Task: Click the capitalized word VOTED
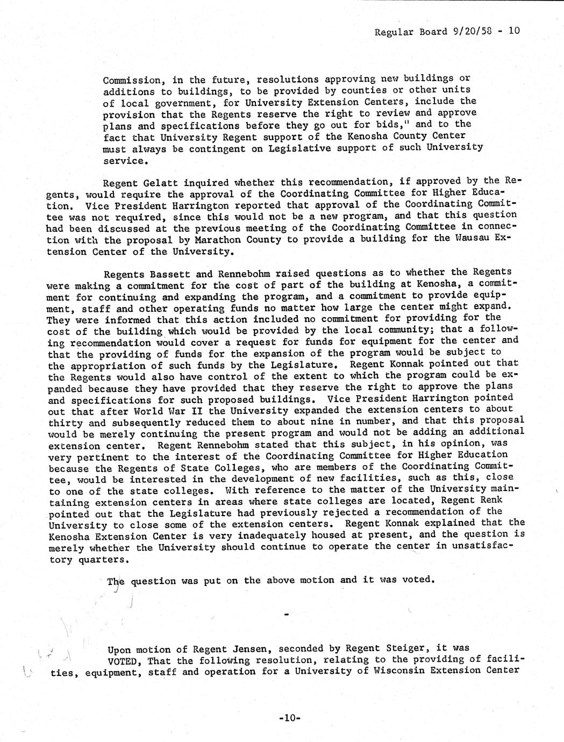tap(125, 661)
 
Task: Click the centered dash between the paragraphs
tap(285, 613)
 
